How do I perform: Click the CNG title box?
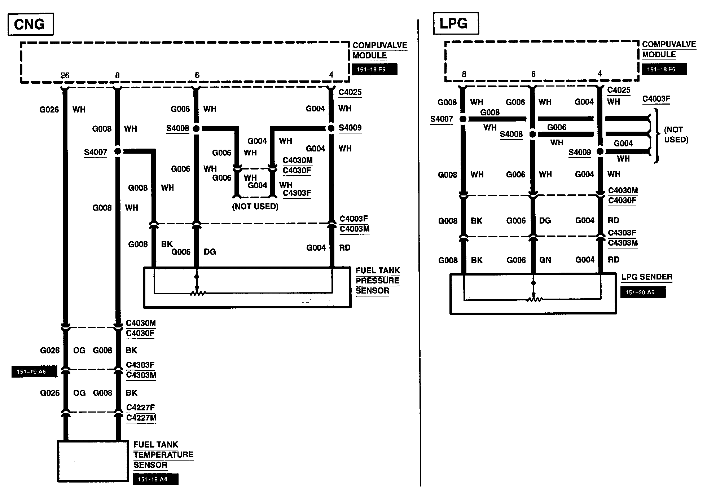pyautogui.click(x=30, y=25)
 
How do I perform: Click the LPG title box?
pyautogui.click(x=456, y=23)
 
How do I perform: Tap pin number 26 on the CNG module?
pyautogui.click(x=65, y=75)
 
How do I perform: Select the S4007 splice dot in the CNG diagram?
pyautogui.click(x=118, y=151)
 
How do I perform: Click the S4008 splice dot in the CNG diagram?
pyautogui.click(x=196, y=128)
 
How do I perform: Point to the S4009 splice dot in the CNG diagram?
pyautogui.click(x=331, y=128)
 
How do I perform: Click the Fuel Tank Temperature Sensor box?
pyautogui.click(x=93, y=461)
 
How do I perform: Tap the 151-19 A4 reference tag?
pyautogui.click(x=155, y=479)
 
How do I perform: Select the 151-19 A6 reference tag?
pyautogui.click(x=34, y=372)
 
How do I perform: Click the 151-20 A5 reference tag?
pyautogui.click(x=643, y=292)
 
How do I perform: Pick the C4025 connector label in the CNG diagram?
pyautogui.click(x=350, y=92)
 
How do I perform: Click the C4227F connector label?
pyautogui.click(x=141, y=408)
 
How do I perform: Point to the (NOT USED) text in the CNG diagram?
pyautogui.click(x=255, y=207)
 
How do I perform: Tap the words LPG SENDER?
pyautogui.click(x=647, y=277)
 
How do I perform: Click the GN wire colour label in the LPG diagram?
pyautogui.click(x=545, y=260)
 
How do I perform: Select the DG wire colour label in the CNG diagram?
pyautogui.click(x=210, y=252)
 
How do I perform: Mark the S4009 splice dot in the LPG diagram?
pyautogui.click(x=600, y=151)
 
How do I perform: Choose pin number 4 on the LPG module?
pyautogui.click(x=600, y=74)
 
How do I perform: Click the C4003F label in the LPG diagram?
pyautogui.click(x=656, y=99)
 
